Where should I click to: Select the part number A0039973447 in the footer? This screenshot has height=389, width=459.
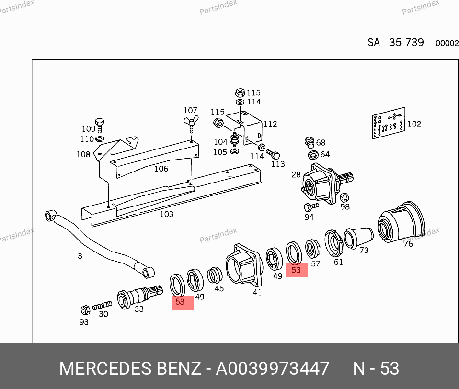point(273,368)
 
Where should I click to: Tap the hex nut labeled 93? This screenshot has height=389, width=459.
point(85,310)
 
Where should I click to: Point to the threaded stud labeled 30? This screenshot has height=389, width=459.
point(102,306)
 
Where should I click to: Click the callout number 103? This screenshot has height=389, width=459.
point(167,214)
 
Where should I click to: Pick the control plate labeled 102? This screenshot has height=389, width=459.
point(389,123)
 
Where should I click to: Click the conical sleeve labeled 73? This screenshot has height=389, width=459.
point(358,238)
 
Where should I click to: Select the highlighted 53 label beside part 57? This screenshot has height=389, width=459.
point(296,270)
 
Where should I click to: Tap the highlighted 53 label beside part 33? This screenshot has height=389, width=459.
point(183,303)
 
